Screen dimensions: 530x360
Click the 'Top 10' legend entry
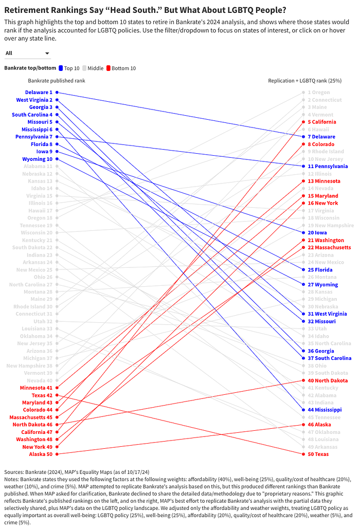pyautogui.click(x=69, y=68)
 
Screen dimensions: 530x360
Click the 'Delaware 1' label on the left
pyautogui.click(x=39, y=93)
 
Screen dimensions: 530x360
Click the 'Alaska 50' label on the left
pyautogui.click(x=41, y=454)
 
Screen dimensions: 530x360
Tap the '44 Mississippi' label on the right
pyautogui.click(x=325, y=410)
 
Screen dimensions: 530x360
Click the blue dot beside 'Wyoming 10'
pyautogui.click(x=57, y=159)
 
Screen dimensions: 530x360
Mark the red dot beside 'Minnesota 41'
pyautogui.click(x=57, y=388)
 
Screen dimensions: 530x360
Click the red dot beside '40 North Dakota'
pyautogui.click(x=304, y=380)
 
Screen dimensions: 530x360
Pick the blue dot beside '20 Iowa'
pyautogui.click(x=304, y=233)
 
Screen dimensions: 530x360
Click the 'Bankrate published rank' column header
pyautogui.click(x=57, y=81)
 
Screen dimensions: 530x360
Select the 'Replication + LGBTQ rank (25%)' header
pyautogui.click(x=305, y=81)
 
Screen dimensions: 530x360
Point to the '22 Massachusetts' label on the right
pyautogui.click(x=329, y=248)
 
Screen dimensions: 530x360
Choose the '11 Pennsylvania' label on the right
pyautogui.click(x=328, y=167)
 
